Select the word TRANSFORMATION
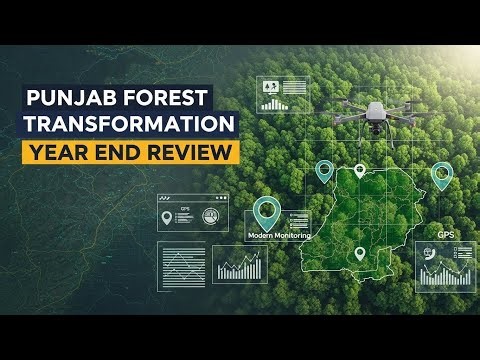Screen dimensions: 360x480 pos(130,126)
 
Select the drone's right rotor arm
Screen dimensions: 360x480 pos(404,110)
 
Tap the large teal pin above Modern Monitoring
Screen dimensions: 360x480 pos(266,211)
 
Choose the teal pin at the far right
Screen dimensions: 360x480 pos(441,175)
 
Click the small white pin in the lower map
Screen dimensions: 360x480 pos(360,254)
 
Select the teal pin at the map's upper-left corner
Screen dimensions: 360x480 pos(323,171)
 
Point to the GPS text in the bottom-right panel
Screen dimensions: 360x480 pos(445,236)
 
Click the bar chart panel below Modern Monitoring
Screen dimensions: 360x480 pos(241,266)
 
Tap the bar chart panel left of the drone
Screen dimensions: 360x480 pos(284,94)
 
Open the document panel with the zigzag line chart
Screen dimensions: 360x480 pos(181,266)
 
